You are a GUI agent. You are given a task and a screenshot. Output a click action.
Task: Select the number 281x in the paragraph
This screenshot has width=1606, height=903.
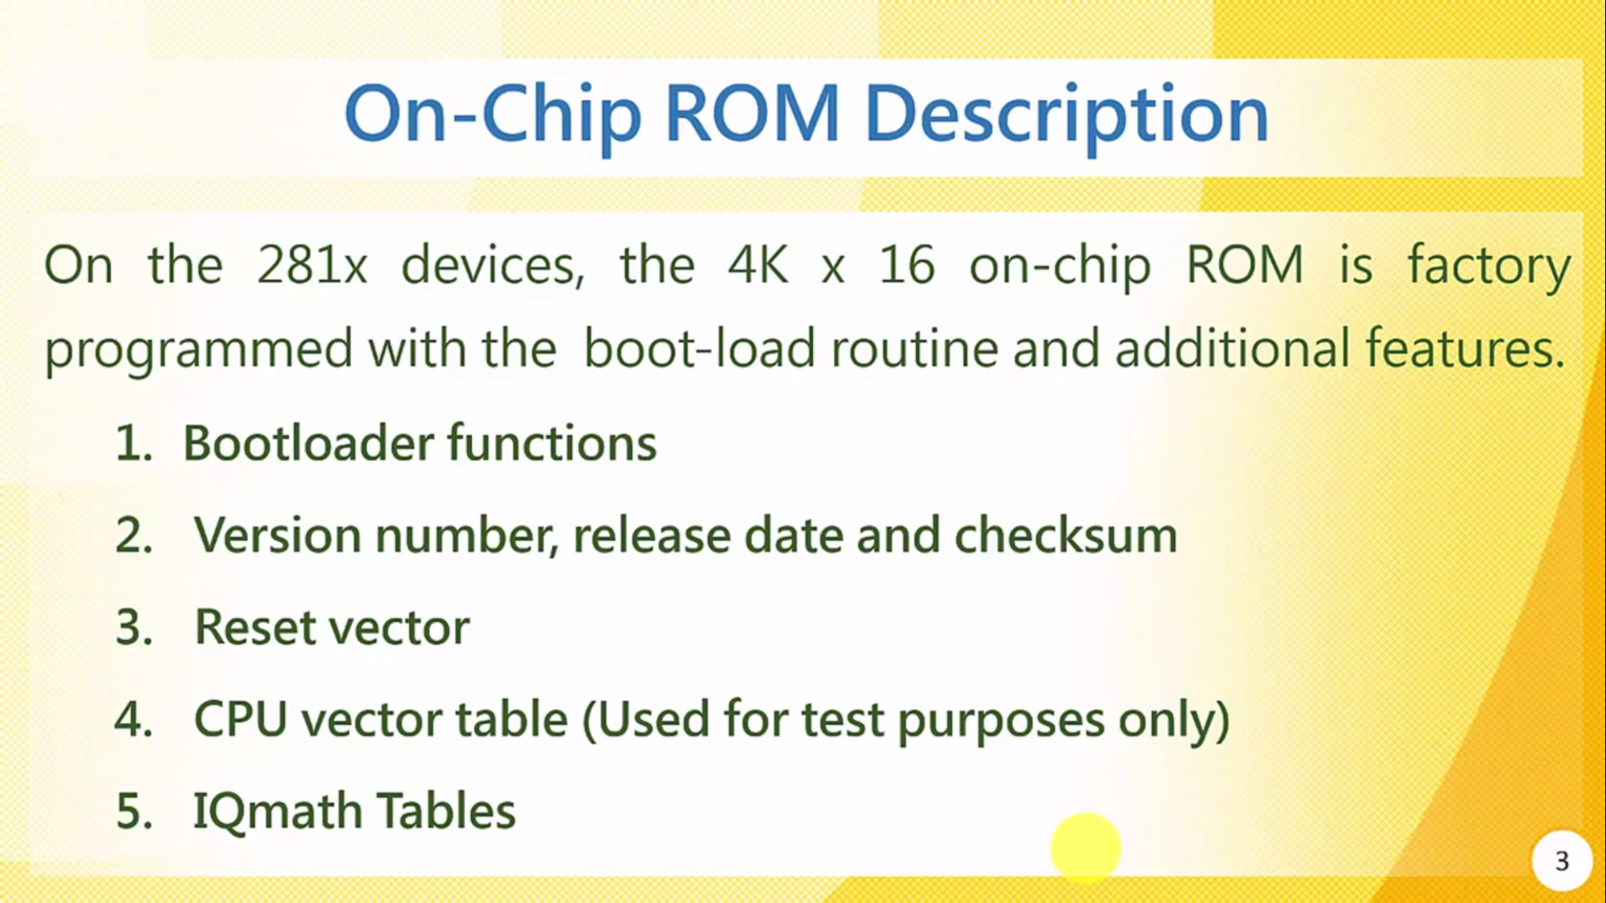tap(312, 265)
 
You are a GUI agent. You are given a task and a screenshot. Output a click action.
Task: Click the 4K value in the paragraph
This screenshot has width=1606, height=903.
tap(758, 265)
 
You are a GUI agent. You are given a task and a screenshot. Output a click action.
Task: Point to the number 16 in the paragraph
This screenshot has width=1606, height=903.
tap(907, 265)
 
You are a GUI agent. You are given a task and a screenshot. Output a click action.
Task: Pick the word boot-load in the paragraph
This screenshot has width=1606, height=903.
tap(699, 349)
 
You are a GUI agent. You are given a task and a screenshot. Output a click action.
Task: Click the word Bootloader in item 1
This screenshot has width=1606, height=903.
tap(308, 443)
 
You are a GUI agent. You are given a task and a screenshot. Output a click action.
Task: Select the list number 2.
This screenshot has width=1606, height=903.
tap(133, 535)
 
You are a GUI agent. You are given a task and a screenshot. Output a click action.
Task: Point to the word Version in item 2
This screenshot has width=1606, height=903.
tap(278, 535)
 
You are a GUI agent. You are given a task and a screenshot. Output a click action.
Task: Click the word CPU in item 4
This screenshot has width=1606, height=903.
tap(240, 718)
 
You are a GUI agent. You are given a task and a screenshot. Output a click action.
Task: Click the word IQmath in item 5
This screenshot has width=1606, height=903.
tap(278, 811)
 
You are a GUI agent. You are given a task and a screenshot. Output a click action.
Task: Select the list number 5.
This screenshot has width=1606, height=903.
tap(133, 811)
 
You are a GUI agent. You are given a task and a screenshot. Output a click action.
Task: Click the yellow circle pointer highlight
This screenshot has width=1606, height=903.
tap(1085, 848)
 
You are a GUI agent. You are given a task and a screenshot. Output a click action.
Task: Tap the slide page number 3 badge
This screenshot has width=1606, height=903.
tap(1561, 861)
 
